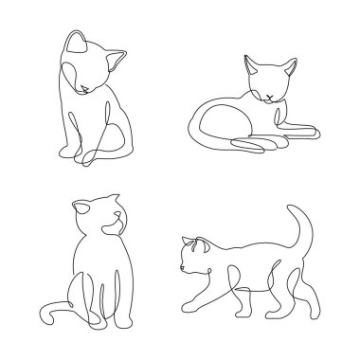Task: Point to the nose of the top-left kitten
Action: pyautogui.click(x=86, y=88)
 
